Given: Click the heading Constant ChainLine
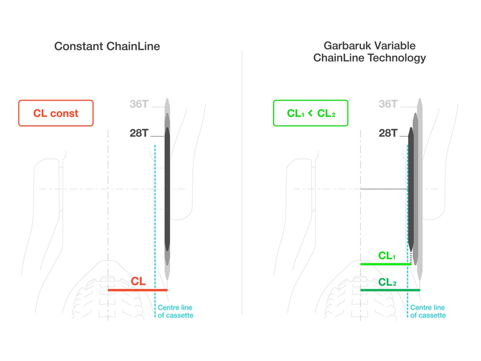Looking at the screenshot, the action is (107, 46).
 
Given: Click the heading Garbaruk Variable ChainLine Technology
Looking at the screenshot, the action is (369, 52).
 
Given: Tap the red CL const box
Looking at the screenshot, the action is (56, 113).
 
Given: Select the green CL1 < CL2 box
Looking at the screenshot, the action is (311, 113).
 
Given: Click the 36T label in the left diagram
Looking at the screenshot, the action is (139, 104).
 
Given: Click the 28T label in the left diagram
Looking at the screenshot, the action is (139, 133).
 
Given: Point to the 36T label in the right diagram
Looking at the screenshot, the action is (388, 104).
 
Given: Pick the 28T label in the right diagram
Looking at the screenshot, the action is (388, 133).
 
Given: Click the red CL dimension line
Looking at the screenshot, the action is (138, 290).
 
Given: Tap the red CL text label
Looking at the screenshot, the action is (138, 281).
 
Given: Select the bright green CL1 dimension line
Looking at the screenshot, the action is (386, 264).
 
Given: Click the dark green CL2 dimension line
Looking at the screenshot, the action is (390, 290).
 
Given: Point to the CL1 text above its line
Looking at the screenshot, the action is (387, 256).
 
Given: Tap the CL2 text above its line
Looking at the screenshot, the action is (387, 282).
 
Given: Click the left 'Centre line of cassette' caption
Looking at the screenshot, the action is (176, 311).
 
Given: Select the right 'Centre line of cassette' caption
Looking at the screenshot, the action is (428, 311).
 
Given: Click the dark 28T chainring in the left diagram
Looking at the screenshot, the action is (167, 189).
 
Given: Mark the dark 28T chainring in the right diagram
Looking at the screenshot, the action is (411, 189).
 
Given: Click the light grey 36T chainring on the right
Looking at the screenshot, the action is (419, 189).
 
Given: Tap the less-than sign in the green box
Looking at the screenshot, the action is (310, 113).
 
